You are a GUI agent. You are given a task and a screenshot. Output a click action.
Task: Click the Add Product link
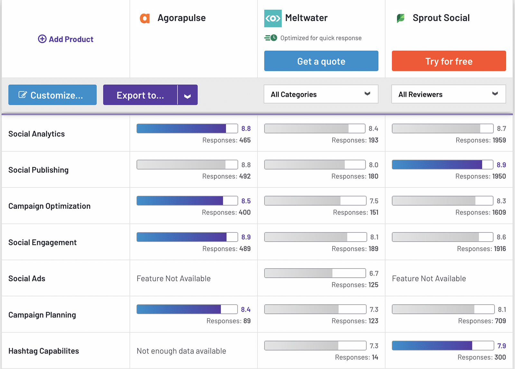[x=66, y=39]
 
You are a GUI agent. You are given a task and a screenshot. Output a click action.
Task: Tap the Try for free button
[x=449, y=61]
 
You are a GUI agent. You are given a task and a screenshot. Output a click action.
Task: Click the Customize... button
[x=52, y=95]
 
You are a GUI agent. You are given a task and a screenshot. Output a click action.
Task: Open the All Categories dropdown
[x=321, y=94]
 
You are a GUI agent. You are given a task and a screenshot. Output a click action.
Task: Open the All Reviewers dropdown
[x=448, y=94]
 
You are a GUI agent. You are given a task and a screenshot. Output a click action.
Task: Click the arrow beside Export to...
[x=188, y=95]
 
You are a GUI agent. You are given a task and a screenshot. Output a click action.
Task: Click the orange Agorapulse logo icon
[x=145, y=18]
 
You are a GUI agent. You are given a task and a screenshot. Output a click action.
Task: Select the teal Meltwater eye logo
[x=273, y=18]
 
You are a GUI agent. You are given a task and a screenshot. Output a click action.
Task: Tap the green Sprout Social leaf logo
[x=400, y=18]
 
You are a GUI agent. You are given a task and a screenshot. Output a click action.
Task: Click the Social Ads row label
[x=27, y=279]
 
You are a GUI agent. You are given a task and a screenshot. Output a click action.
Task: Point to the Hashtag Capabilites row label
[x=43, y=351]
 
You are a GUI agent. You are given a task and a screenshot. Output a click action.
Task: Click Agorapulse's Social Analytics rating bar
[x=187, y=128]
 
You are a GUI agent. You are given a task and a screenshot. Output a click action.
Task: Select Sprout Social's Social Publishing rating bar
[x=442, y=165]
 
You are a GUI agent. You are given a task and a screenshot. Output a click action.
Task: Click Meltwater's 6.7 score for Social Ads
[x=374, y=273]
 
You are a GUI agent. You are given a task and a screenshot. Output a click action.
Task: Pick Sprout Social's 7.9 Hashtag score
[x=501, y=346]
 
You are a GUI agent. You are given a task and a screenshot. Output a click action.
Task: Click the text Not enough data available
[x=181, y=351]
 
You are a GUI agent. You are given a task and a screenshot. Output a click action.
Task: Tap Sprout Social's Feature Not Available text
[x=429, y=279]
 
